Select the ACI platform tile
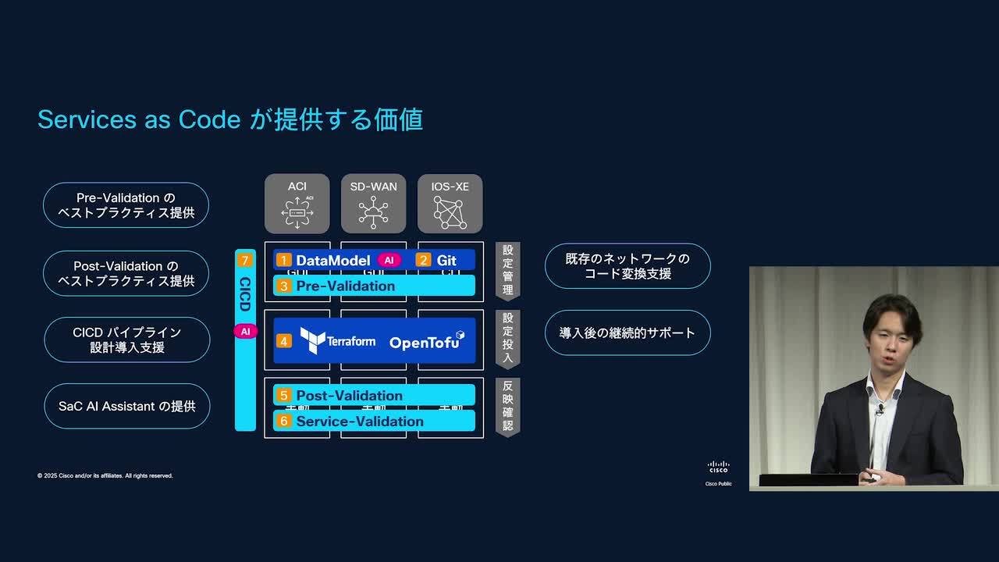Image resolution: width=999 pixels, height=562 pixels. (x=297, y=204)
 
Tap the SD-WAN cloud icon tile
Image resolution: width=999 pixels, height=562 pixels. (x=373, y=204)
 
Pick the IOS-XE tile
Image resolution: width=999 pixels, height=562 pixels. (x=450, y=204)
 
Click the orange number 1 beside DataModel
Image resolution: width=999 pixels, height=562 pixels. (x=284, y=260)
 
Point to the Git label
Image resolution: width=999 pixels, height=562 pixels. (x=446, y=260)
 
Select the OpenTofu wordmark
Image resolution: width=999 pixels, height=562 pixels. (x=426, y=341)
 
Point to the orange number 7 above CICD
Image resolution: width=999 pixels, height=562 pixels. (x=245, y=261)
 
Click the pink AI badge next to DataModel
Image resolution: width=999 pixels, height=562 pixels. (x=389, y=260)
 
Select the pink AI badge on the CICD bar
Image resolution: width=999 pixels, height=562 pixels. (x=245, y=331)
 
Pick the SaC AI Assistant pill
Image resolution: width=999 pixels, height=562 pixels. (x=126, y=406)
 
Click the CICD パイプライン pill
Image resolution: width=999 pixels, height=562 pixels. (x=126, y=340)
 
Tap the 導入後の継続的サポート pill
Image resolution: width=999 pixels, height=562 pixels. (x=627, y=333)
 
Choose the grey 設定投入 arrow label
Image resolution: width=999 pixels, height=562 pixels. (x=507, y=339)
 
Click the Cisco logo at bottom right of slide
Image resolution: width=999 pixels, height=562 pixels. (x=718, y=467)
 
